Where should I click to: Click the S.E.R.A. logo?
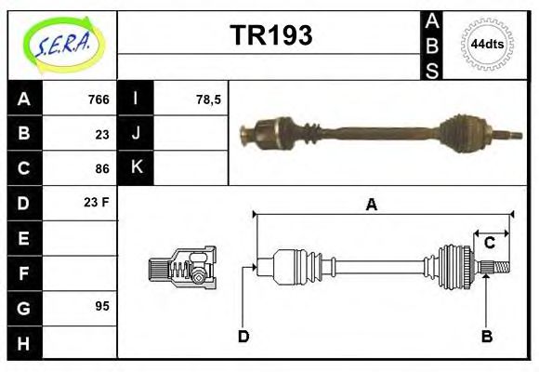62,45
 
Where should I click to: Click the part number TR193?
270,36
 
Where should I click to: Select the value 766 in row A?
99,100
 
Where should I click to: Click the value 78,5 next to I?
208,100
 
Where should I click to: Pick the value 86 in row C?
102,168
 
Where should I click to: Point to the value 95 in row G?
102,306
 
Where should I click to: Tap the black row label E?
24,238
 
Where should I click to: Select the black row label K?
137,168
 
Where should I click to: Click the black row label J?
137,134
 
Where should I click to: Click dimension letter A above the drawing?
371,206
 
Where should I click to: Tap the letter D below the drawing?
243,336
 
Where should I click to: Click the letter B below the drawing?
486,336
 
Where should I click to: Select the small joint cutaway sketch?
182,267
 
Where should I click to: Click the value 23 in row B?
102,134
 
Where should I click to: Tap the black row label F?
24,272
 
